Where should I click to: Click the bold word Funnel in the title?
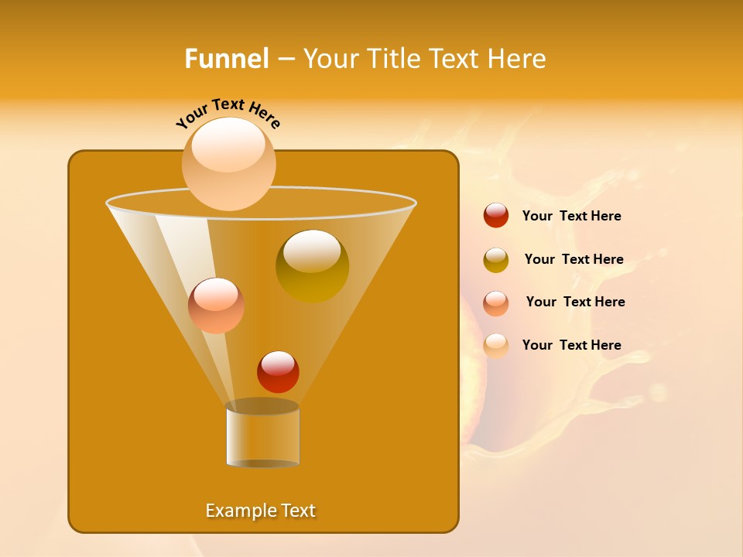227,59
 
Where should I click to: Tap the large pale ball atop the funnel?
228,163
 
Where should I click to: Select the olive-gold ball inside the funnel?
312,266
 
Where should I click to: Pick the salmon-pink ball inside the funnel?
216,306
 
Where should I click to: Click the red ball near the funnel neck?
278,372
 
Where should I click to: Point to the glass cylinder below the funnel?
262,435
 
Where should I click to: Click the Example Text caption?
261,511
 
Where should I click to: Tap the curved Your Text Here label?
228,111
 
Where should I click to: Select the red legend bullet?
496,216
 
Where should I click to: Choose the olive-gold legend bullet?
496,260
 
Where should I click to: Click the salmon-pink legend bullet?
496,302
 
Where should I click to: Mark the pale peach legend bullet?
496,346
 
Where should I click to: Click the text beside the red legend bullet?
571,216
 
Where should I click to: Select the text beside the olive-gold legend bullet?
574,259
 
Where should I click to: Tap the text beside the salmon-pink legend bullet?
575,302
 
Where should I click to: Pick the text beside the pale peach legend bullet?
571,345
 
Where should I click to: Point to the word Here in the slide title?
518,59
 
